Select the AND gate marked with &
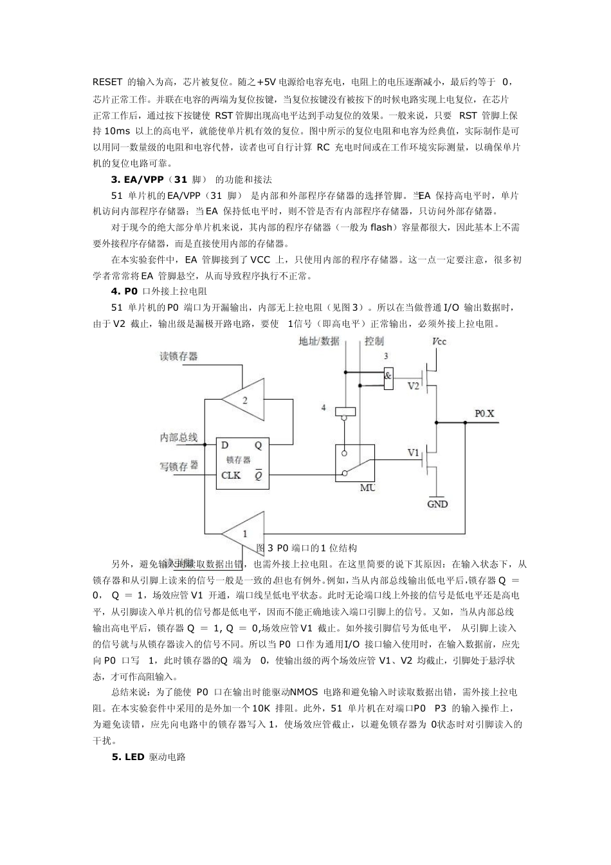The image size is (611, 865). (388, 378)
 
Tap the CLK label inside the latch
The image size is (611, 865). (231, 476)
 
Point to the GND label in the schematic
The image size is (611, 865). (437, 505)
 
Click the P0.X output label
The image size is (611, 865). (484, 414)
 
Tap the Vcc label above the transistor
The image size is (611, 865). (439, 341)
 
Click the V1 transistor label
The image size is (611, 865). (414, 453)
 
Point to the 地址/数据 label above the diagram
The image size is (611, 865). (319, 341)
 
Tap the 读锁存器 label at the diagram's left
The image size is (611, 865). (178, 356)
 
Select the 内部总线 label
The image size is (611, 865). (178, 438)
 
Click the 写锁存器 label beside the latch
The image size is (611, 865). (178, 466)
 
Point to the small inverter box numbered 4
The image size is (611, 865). (346, 411)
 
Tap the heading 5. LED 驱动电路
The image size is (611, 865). (149, 757)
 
